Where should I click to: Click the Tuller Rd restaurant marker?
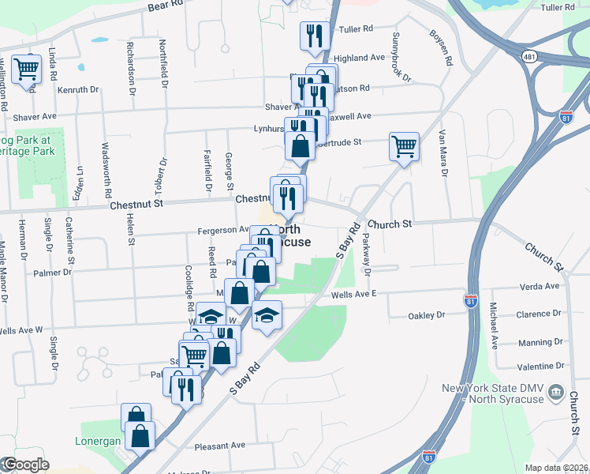[312, 35]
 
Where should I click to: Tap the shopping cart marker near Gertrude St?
[404, 146]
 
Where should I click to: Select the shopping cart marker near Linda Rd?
[26, 69]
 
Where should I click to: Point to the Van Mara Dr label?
[443, 153]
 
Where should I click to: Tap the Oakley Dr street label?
[426, 315]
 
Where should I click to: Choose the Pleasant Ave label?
[220, 446]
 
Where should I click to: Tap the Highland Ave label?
[359, 58]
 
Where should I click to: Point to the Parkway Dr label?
[367, 256]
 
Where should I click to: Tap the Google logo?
[25, 465]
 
